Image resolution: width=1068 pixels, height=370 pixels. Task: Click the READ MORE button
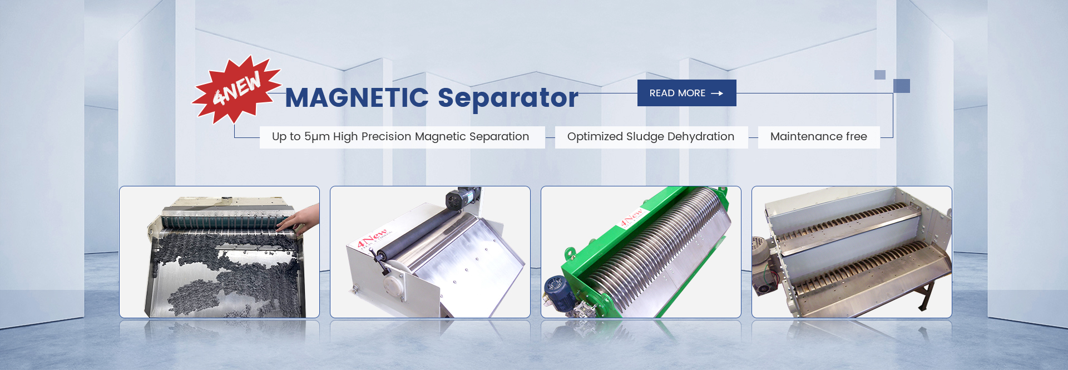pos(686,93)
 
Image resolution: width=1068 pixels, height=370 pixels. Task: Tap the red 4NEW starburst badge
pos(236,89)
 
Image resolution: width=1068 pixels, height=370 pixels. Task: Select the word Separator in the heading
pos(508,97)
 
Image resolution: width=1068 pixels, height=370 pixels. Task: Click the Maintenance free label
pos(819,137)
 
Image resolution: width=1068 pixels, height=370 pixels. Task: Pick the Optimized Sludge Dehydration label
pos(651,137)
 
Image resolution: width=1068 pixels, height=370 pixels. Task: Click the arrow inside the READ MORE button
pos(717,93)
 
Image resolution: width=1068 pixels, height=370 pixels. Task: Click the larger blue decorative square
pos(902,86)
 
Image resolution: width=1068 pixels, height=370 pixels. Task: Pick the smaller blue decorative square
pos(880,75)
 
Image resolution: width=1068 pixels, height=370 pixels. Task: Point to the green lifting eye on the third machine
pos(570,254)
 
